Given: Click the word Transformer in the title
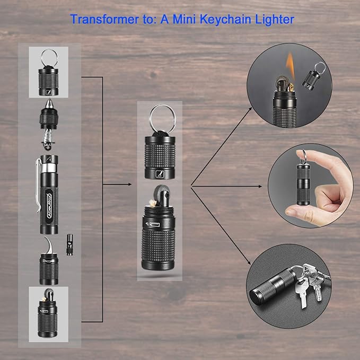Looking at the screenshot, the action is click(x=104, y=19).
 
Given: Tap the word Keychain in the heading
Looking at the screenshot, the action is click(x=225, y=20).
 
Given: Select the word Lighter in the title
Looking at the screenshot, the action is click(x=275, y=20).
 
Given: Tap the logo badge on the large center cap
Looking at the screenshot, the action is click(x=160, y=174).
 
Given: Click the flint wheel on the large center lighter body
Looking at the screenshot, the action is click(x=162, y=194).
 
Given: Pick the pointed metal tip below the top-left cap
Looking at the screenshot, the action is click(x=49, y=103).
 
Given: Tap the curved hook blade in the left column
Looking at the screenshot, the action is click(x=49, y=245).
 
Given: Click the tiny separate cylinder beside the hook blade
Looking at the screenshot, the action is click(x=69, y=245).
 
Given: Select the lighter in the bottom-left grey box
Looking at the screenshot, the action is click(x=48, y=313).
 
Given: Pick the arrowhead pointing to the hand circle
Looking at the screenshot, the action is click(x=260, y=187).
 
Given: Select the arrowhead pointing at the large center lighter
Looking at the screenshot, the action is click(x=130, y=184).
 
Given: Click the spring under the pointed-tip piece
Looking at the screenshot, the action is click(x=48, y=138).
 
